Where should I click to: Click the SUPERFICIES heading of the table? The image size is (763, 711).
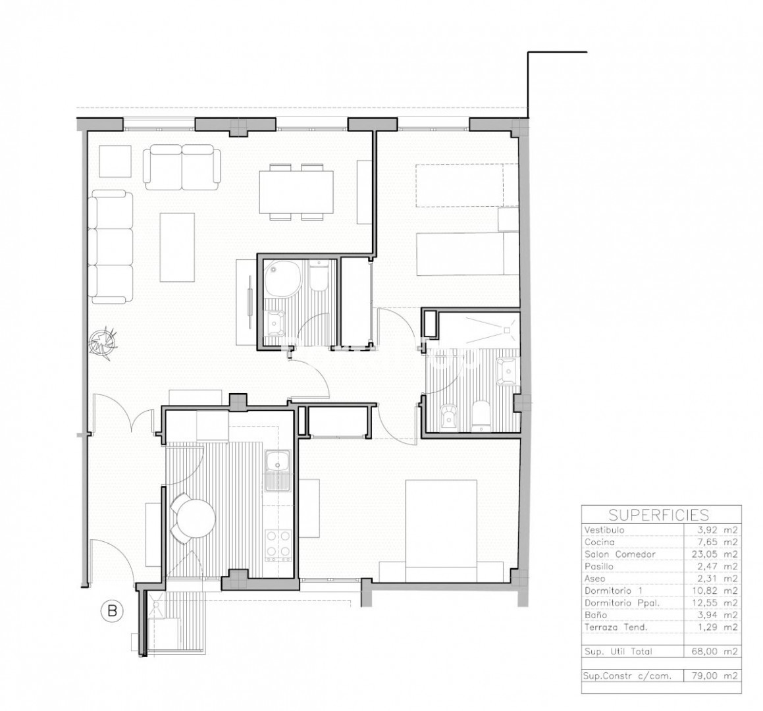click(x=659, y=514)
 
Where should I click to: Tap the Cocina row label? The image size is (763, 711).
click(x=600, y=542)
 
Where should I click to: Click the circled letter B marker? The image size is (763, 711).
click(x=112, y=610)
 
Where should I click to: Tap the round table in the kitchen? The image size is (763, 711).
click(x=196, y=519)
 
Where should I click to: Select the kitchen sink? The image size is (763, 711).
click(x=278, y=470)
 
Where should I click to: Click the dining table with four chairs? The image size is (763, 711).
click(x=296, y=192)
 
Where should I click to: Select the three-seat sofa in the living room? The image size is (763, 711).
click(x=111, y=247)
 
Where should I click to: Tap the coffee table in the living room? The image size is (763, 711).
click(x=177, y=248)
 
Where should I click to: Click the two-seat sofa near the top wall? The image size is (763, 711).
click(x=182, y=167)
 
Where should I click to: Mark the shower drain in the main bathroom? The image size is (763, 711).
click(x=506, y=330)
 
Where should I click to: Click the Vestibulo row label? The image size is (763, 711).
click(x=604, y=530)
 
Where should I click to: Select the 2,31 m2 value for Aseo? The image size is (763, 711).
click(x=718, y=579)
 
